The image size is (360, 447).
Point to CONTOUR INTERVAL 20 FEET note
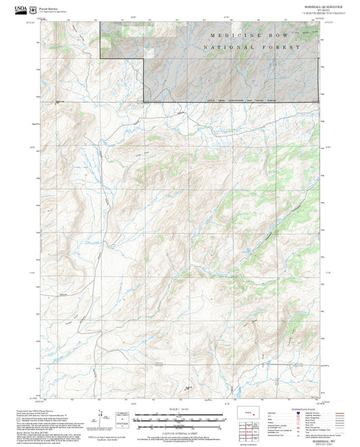tap(180, 425)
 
